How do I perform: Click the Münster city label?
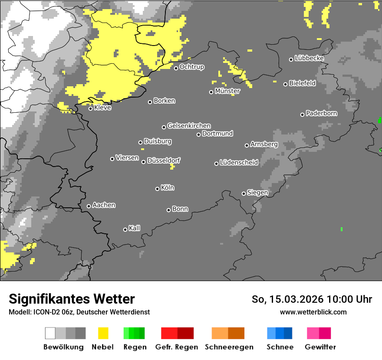point(227,91)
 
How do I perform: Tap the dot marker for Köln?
point(157,189)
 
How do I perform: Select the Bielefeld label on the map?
point(303,83)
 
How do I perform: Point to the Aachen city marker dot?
point(89,206)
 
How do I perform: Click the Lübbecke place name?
point(310,58)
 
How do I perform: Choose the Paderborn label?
point(322,114)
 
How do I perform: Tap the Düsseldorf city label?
point(164,161)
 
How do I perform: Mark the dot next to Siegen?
point(244,193)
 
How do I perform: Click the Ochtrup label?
point(192,67)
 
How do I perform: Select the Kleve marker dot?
point(90,108)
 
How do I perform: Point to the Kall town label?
point(135,228)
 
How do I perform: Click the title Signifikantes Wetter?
point(72,299)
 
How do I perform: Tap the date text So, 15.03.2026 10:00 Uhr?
point(312,299)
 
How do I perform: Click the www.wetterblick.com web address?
point(313,312)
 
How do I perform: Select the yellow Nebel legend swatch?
point(103,333)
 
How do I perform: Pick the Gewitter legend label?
point(320,347)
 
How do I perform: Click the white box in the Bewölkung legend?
point(50,333)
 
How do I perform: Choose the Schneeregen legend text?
point(229,347)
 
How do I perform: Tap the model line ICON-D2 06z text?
point(79,312)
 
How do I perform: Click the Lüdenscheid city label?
point(239,163)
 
